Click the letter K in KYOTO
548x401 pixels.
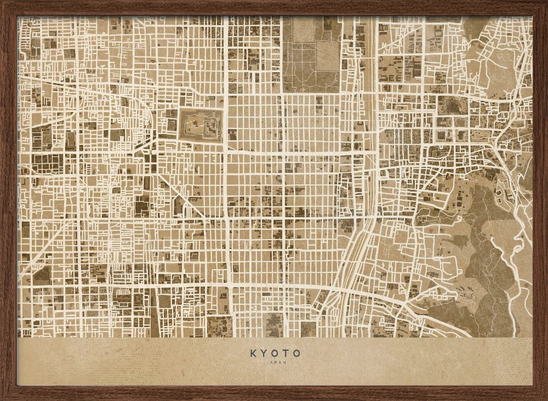(x=253, y=354)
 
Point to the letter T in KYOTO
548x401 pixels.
(x=286, y=354)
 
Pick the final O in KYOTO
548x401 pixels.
(x=296, y=354)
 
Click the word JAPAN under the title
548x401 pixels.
(x=275, y=362)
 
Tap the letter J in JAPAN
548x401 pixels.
(x=267, y=362)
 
